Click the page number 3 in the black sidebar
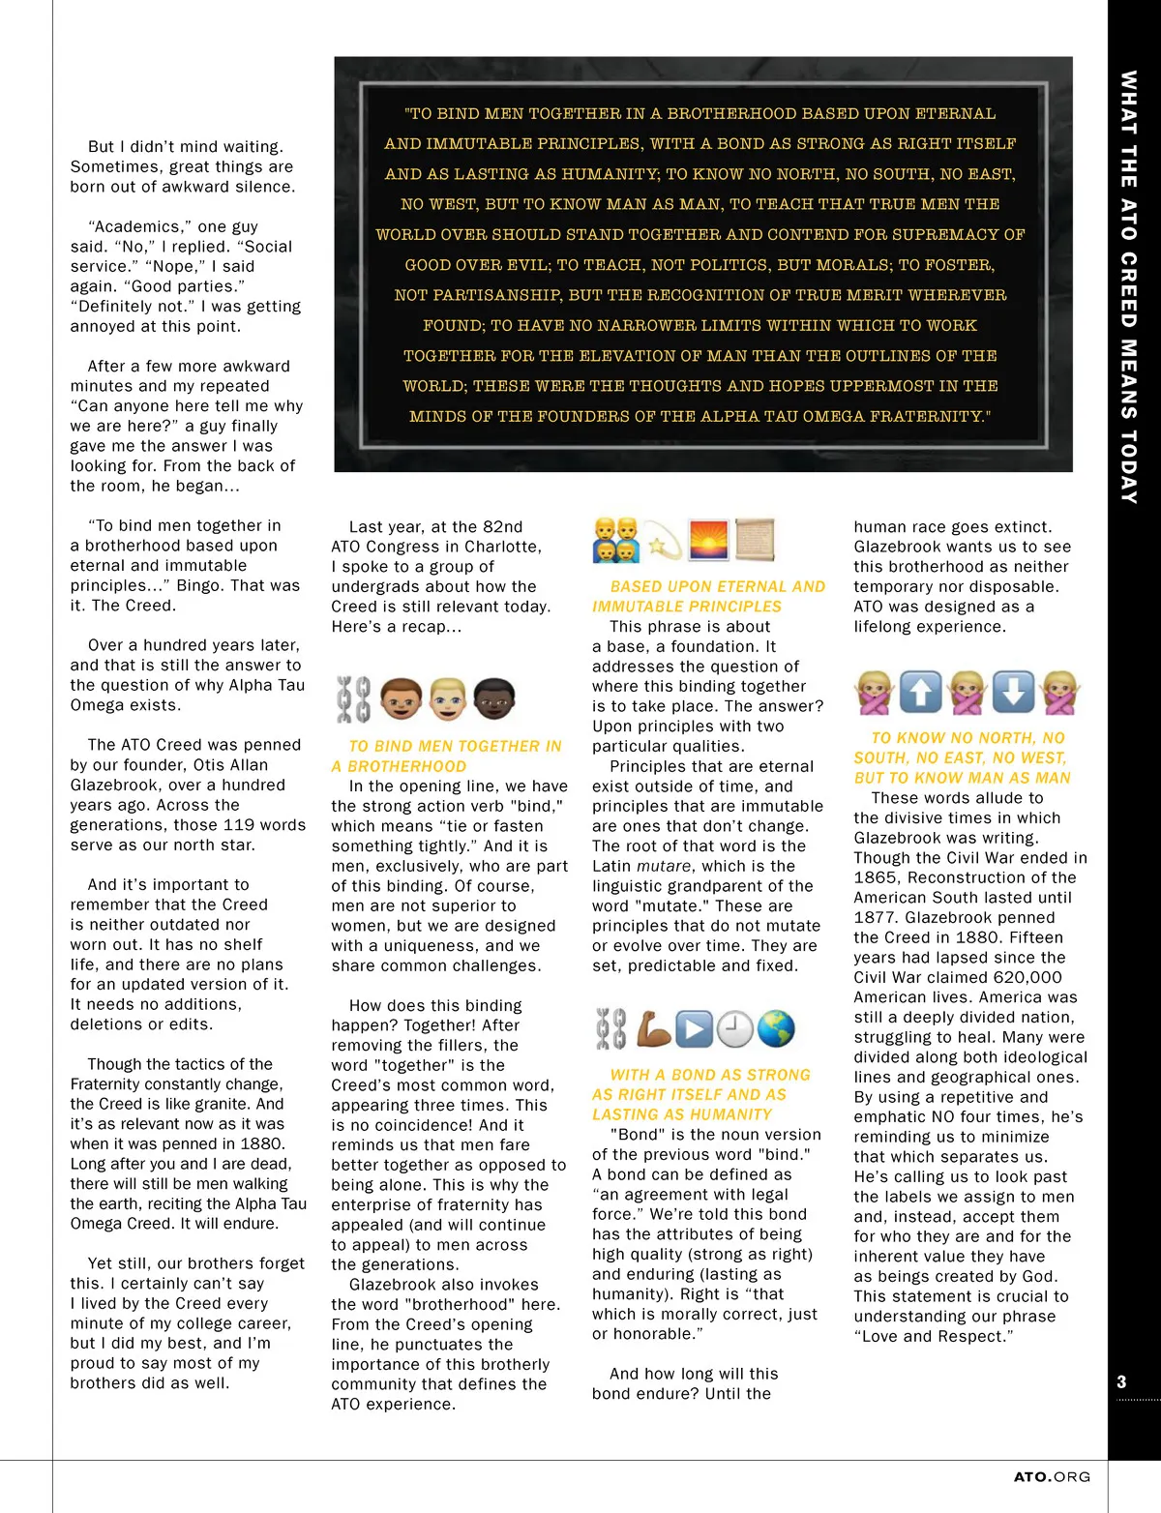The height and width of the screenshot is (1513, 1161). coord(1121,1381)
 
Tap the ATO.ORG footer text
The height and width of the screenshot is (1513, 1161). coord(1052,1477)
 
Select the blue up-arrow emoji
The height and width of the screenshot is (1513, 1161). coord(920,693)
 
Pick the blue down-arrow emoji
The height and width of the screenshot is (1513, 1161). coord(1012,693)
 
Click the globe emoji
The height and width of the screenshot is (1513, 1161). coord(776,1029)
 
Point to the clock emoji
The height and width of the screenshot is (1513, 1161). coord(735,1029)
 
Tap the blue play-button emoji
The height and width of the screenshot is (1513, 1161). coord(694,1029)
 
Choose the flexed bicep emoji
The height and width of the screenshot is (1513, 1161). coord(653,1029)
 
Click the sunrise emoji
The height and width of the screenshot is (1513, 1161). coord(708,540)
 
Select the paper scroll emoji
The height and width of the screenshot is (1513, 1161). coord(755,540)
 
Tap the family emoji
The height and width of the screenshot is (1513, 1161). coord(616,540)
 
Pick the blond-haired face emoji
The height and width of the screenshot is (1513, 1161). coord(448,697)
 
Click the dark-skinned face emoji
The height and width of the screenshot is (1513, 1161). coord(494,697)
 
